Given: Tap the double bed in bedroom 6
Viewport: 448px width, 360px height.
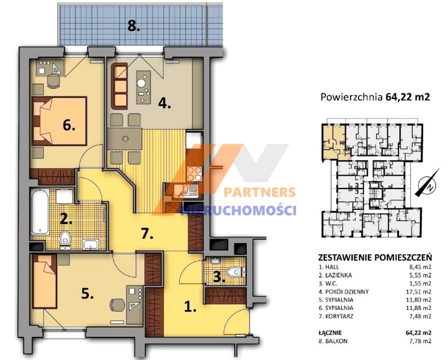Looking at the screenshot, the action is (x=60, y=121).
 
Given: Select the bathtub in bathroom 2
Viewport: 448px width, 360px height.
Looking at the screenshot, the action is (x=40, y=212).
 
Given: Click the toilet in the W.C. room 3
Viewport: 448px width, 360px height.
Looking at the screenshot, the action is (x=236, y=272).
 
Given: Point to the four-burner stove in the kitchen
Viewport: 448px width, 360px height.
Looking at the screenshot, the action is (x=194, y=174).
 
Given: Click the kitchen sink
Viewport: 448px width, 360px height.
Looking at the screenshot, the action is (x=186, y=191).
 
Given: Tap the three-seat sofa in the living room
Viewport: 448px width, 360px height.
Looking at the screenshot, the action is (x=119, y=86).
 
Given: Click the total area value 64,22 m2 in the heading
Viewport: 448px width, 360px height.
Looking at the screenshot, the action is (x=408, y=97).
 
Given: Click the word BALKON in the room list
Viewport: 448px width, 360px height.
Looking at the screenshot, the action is (x=336, y=341).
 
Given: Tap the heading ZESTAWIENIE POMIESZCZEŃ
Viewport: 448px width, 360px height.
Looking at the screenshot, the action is (x=375, y=258).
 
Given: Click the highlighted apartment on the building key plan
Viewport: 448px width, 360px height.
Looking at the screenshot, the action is (x=334, y=142).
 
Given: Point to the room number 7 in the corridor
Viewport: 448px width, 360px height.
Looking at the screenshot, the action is (x=147, y=235).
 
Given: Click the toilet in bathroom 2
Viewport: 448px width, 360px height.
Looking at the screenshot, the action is (x=65, y=238).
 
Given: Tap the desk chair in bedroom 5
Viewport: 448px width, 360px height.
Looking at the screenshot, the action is (x=117, y=305).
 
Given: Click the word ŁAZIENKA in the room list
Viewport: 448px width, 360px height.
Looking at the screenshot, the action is (x=338, y=276).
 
